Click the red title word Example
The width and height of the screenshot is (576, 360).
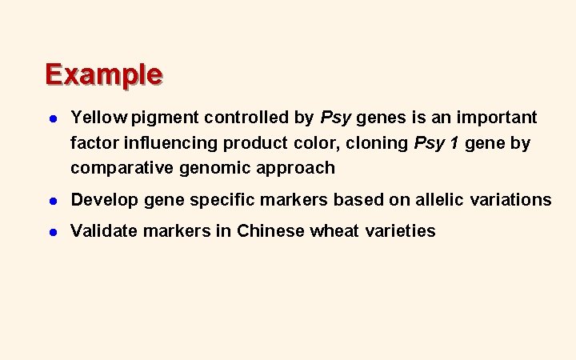click(x=104, y=74)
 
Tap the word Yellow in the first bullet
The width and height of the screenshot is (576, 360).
click(x=98, y=118)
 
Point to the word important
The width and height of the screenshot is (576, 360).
click(x=498, y=118)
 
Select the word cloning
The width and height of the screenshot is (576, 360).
click(x=378, y=142)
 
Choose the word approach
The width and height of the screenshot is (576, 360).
click(x=296, y=168)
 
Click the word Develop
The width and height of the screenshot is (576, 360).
click(x=104, y=199)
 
